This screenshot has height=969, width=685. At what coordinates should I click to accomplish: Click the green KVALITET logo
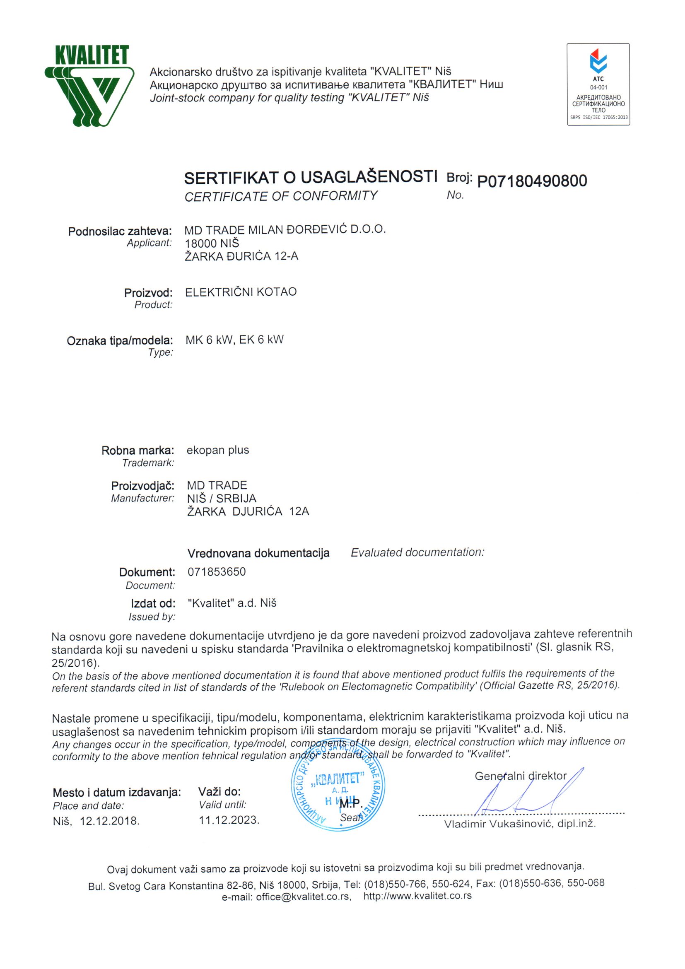[x=90, y=86]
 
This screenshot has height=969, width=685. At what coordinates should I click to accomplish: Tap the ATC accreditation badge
[x=598, y=84]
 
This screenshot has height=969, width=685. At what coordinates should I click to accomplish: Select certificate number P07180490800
[x=532, y=181]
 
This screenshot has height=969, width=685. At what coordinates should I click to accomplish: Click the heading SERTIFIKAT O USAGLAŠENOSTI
[x=310, y=177]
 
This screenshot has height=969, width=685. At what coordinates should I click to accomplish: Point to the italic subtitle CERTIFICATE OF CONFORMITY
[x=281, y=196]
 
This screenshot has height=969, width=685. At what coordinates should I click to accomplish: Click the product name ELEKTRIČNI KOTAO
[x=241, y=292]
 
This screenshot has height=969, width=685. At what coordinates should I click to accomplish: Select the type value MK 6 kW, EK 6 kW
[x=234, y=340]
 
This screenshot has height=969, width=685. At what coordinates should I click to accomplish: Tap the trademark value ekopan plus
[x=218, y=450]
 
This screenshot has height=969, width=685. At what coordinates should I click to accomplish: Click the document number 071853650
[x=217, y=571]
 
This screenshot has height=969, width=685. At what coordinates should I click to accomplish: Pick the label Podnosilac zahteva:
[x=120, y=231]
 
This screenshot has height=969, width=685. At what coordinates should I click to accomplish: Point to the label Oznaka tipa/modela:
[x=120, y=340]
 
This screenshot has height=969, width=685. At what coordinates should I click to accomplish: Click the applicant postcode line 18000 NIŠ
[x=212, y=243]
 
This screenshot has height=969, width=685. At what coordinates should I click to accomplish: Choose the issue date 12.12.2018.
[x=110, y=821]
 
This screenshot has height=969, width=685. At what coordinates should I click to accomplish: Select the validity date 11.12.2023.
[x=229, y=820]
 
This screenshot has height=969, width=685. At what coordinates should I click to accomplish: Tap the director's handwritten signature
[x=528, y=793]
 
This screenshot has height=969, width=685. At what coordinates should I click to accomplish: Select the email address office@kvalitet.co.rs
[x=304, y=897]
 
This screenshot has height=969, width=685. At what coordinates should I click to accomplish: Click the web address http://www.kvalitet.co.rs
[x=417, y=896]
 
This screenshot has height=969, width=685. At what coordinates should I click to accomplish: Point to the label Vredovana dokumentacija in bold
[x=258, y=553]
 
